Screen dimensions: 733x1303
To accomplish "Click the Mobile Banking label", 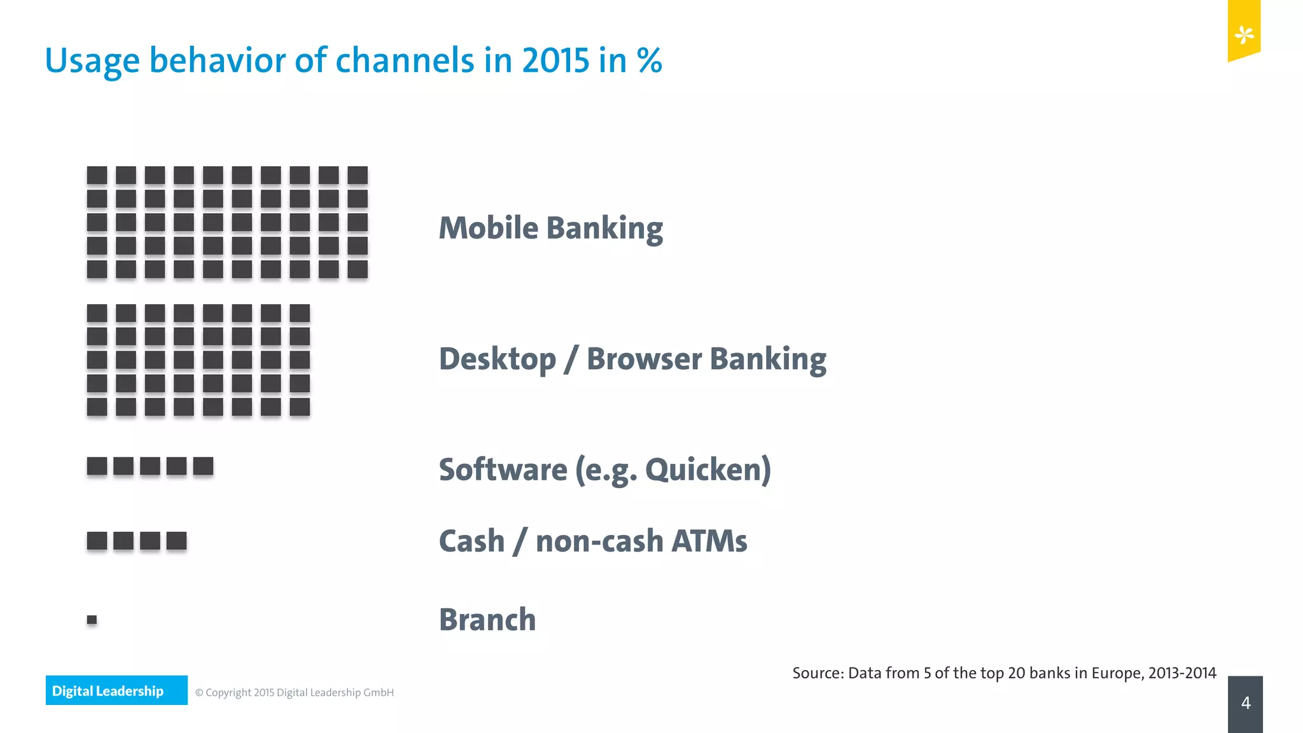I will [x=550, y=228].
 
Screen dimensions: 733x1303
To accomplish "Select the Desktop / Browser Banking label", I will [x=632, y=359].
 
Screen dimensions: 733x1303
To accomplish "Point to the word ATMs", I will [x=709, y=541].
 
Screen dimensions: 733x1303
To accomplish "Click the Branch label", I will [x=487, y=620].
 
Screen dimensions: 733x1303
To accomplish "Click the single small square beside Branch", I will [x=92, y=619].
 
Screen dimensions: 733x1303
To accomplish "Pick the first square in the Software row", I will [x=97, y=466].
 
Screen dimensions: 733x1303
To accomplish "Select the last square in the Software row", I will [x=203, y=466].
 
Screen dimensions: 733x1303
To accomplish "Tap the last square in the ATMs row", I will [x=176, y=541].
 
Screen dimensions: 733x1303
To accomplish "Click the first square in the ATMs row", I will [x=97, y=541].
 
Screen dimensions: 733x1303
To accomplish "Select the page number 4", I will [x=1245, y=703].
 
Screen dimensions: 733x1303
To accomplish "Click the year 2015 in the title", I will [x=556, y=61].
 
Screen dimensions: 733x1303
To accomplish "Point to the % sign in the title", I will [x=649, y=61].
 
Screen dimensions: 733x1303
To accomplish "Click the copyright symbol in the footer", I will [x=199, y=693].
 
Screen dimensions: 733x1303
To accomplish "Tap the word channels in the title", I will [x=405, y=61].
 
